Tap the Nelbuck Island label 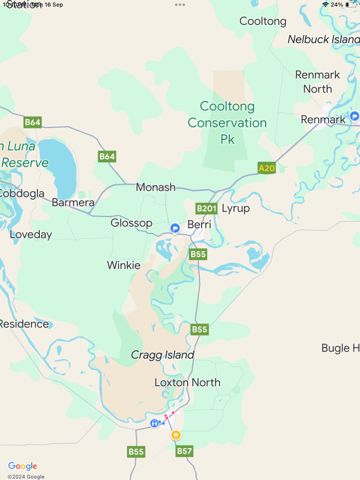click(x=323, y=39)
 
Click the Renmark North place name click(x=317, y=82)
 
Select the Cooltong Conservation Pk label click(x=227, y=123)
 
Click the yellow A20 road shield click(x=267, y=168)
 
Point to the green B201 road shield click(x=206, y=208)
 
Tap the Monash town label click(x=156, y=187)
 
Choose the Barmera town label click(x=73, y=203)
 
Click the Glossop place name click(x=131, y=223)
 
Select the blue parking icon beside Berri click(x=175, y=228)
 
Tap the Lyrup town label click(x=236, y=208)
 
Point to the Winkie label click(x=124, y=265)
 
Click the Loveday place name click(x=31, y=235)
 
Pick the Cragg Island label click(x=162, y=355)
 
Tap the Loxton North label click(x=187, y=382)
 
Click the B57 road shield click(x=184, y=451)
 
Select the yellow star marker click(x=176, y=435)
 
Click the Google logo click(x=22, y=466)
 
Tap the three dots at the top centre click(x=180, y=5)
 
